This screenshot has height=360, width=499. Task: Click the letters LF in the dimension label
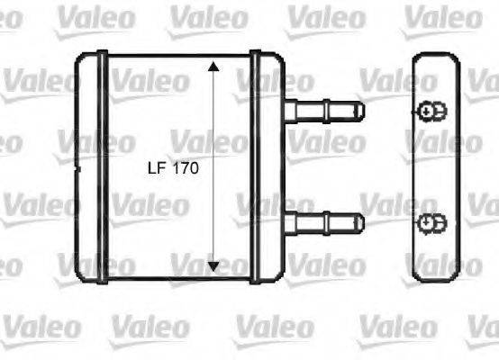click(156, 167)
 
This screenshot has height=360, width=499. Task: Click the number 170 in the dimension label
click(183, 167)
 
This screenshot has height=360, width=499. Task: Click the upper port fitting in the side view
click(431, 111)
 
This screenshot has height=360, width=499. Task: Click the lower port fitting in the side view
click(431, 220)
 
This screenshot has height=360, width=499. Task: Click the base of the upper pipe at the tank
click(292, 111)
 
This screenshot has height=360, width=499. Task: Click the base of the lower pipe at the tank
click(292, 220)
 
